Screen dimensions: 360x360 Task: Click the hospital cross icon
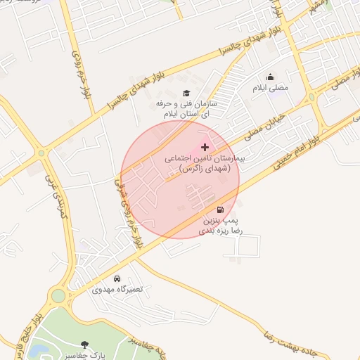(x=205, y=146)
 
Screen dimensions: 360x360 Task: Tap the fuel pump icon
(x=221, y=210)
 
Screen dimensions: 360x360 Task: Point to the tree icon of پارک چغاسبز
(x=85, y=345)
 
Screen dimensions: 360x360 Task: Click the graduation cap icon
(x=186, y=93)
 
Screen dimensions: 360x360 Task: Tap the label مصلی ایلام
(x=271, y=89)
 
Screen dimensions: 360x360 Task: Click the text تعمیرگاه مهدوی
(x=117, y=289)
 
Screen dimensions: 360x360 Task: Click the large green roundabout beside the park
(x=58, y=296)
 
